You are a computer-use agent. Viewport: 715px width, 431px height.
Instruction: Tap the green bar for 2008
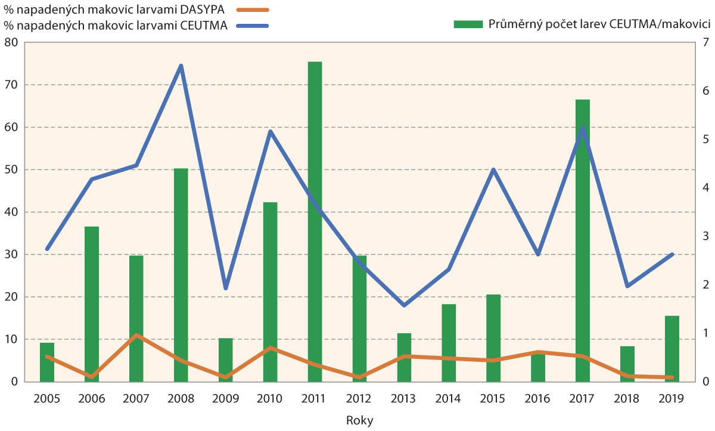(181, 275)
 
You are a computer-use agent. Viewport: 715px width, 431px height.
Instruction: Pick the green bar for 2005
(47, 362)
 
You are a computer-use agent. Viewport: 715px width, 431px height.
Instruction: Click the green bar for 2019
(672, 349)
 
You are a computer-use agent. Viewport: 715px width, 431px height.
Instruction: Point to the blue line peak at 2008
(181, 66)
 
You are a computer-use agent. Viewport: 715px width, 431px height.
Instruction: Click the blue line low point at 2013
(405, 305)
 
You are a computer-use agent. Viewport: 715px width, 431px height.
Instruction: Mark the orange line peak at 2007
(136, 335)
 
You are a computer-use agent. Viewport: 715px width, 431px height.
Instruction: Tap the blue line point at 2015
(493, 170)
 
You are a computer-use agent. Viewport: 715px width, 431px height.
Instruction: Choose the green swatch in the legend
(467, 24)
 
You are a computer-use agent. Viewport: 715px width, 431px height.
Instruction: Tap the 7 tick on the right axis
(705, 42)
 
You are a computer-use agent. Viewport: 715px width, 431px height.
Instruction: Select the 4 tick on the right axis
(705, 188)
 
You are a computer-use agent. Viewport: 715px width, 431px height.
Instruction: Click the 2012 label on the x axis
(359, 397)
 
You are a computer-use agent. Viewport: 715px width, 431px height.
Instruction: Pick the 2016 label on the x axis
(538, 397)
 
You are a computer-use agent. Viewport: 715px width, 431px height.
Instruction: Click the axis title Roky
(359, 420)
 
